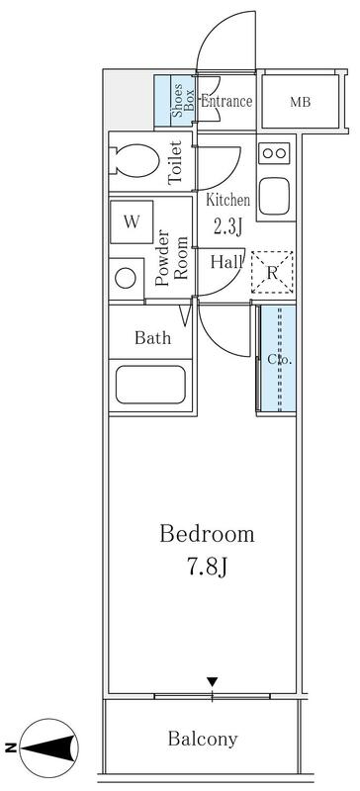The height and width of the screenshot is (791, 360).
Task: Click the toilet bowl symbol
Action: [134, 160]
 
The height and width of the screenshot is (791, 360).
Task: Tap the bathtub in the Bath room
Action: [150, 385]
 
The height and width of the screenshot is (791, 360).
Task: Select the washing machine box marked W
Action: [132, 221]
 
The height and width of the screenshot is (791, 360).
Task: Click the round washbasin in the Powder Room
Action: [126, 279]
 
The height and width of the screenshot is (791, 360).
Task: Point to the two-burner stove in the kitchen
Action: [274, 153]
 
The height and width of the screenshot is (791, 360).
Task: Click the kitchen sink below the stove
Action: [274, 196]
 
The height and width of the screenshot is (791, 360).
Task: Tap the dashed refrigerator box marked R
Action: [272, 273]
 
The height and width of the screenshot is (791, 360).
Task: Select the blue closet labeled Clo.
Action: [276, 358]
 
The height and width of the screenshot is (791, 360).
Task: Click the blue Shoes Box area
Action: [175, 101]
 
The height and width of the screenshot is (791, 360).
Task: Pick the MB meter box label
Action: [300, 103]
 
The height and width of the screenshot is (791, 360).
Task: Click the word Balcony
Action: [203, 739]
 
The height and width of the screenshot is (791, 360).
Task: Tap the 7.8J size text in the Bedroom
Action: [207, 567]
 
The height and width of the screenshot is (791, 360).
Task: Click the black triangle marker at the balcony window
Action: [212, 682]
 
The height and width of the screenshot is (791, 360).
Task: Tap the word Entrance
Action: [226, 102]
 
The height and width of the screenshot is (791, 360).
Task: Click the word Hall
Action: [226, 262]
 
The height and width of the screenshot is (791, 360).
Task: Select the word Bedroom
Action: [207, 534]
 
